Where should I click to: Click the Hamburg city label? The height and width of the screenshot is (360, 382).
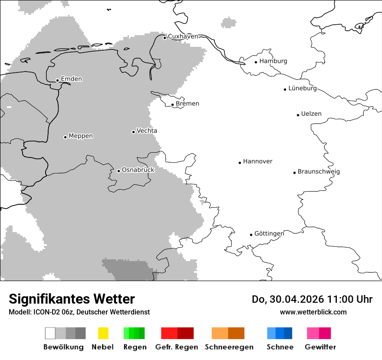pos(273,61)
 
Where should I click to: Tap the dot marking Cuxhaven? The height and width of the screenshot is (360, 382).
pos(165,38)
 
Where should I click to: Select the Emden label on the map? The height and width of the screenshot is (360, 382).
pos(71,79)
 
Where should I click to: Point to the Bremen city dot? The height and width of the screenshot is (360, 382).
pos(172,105)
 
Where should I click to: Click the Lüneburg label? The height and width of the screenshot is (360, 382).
pos(302,88)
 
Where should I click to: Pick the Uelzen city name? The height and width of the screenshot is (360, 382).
pos(311,114)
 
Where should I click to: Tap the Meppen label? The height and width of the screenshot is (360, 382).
pos(81,136)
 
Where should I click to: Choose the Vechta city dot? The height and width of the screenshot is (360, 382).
pos(133,132)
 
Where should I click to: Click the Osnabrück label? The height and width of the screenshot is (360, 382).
pos(138,170)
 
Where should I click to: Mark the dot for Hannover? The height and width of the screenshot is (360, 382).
pos(240,163)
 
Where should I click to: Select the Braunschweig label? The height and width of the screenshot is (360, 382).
pos(319,172)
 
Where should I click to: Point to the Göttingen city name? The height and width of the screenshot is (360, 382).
pos(269,234)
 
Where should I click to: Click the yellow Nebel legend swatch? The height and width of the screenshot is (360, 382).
pos(103,333)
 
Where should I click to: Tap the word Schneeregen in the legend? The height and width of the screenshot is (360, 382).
pos(229,347)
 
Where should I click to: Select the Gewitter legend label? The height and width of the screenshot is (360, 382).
pos(320,347)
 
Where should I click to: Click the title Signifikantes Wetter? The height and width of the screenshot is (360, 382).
pos(72,299)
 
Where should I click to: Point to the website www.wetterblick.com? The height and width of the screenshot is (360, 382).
pos(313,312)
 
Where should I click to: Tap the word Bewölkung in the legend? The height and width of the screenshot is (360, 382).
pos(63,347)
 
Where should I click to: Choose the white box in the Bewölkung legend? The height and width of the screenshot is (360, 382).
pos(50,333)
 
